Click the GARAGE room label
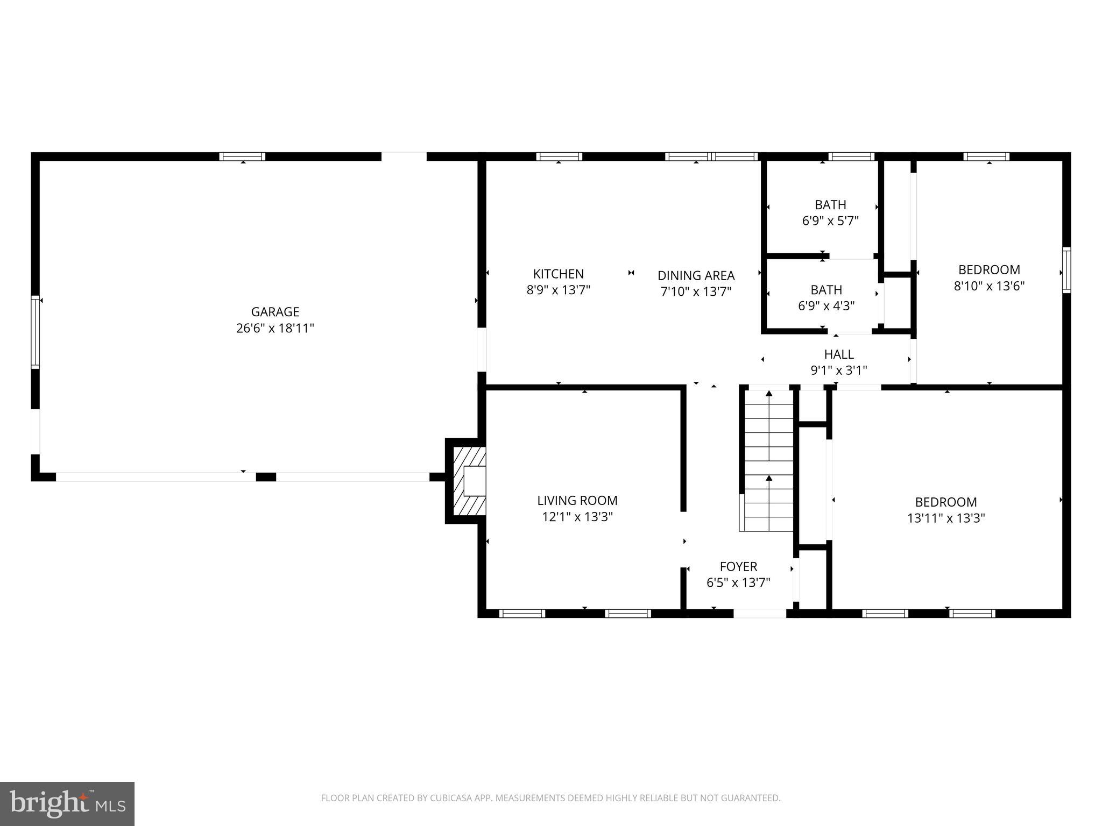point(275,312)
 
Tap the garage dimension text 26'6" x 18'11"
point(275,328)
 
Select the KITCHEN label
point(558,274)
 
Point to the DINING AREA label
point(696,275)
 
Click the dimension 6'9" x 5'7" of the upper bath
point(830,221)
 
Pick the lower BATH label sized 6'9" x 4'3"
point(826,290)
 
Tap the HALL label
point(838,354)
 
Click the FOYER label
point(738,566)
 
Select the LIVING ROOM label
point(577,501)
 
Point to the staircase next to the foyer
point(768,460)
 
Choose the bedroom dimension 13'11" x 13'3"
point(946,518)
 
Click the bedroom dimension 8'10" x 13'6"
point(988,286)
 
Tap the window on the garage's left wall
point(36,332)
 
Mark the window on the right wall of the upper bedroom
point(1066,270)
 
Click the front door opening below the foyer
point(759,613)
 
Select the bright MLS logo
point(67,803)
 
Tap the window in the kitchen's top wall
point(559,156)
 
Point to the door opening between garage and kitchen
point(482,350)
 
